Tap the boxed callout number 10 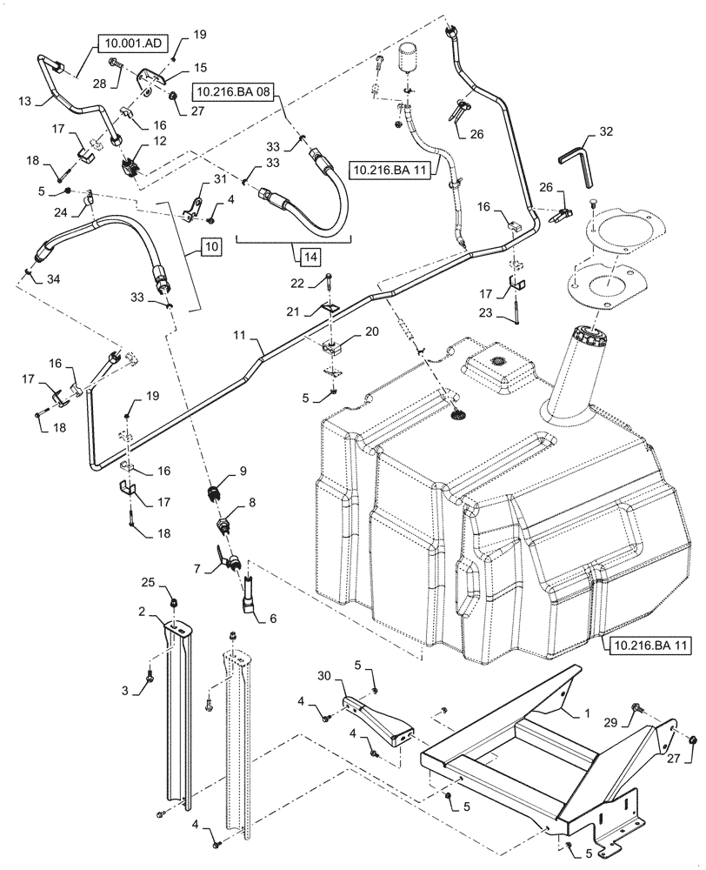[x=211, y=248]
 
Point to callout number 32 [x=606, y=133]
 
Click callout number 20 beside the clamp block [x=372, y=331]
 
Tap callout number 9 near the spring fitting [x=243, y=471]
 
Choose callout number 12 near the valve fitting [x=160, y=141]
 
